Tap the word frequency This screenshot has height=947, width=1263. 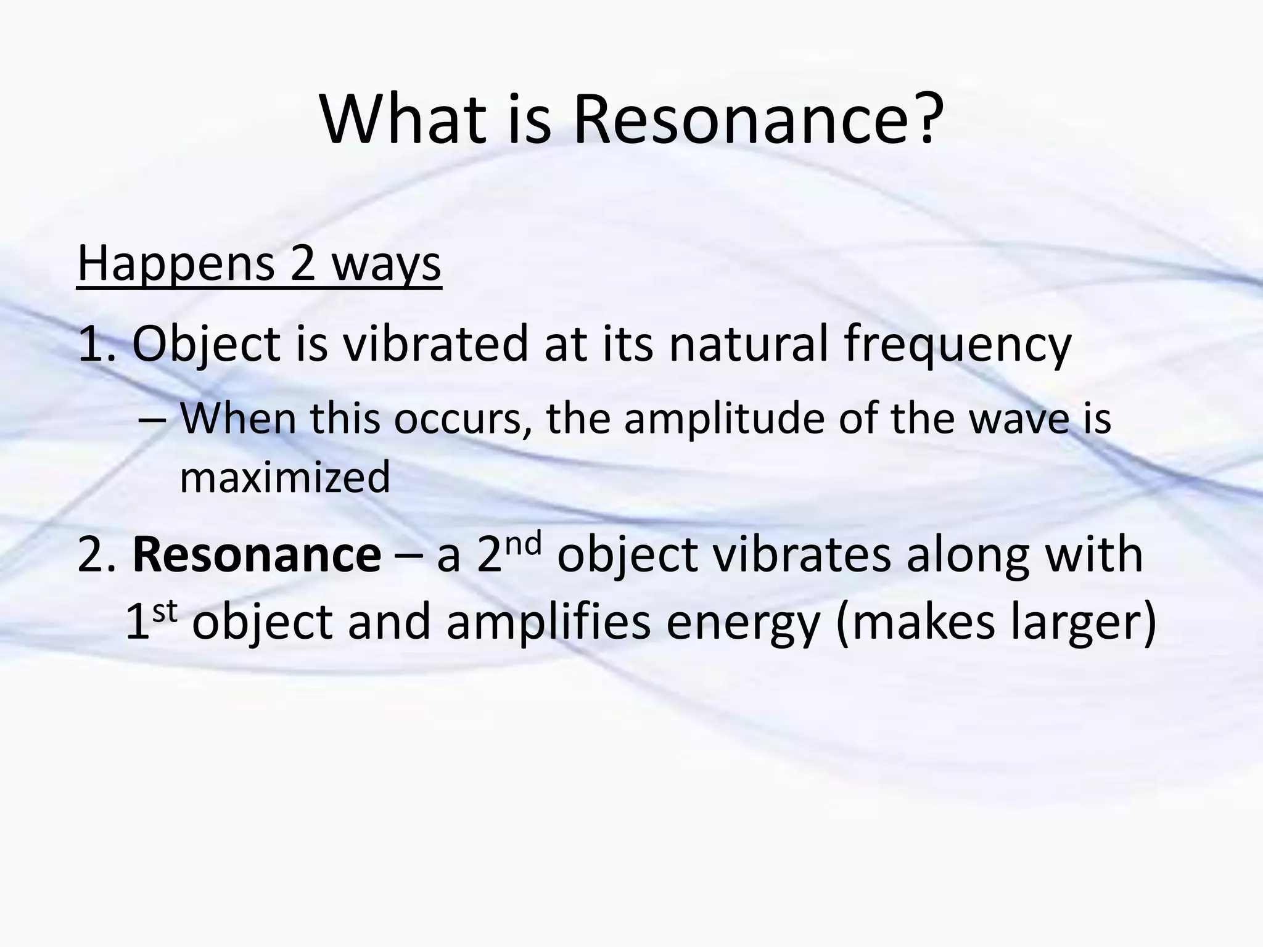pos(957,345)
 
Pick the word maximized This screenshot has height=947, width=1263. pos(285,477)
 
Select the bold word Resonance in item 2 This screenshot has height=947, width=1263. pos(257,555)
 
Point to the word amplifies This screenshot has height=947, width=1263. pos(548,621)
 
